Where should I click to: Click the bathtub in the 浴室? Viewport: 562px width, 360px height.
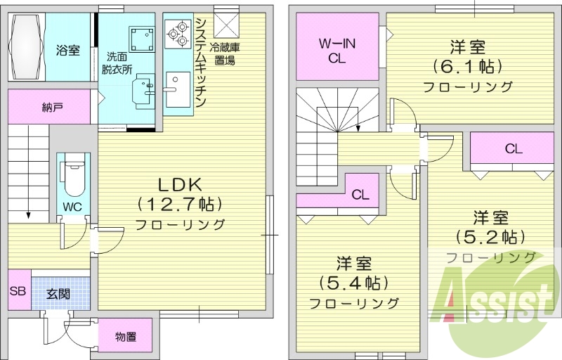(27, 49)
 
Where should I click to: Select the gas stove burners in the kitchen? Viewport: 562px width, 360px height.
(177, 32)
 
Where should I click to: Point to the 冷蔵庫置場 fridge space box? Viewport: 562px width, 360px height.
(226, 25)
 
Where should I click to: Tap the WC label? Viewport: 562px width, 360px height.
(72, 207)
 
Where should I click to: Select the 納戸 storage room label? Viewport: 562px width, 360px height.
(52, 108)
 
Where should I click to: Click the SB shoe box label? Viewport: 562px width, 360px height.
(18, 289)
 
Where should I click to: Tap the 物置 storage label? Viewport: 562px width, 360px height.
(125, 337)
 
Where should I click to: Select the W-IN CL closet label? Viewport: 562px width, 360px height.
(337, 51)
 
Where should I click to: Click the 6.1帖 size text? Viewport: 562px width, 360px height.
(467, 67)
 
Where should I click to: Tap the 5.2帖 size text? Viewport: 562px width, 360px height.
(490, 236)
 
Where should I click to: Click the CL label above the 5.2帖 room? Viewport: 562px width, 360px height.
(513, 149)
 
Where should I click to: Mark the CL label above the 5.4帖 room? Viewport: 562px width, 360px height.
(361, 195)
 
